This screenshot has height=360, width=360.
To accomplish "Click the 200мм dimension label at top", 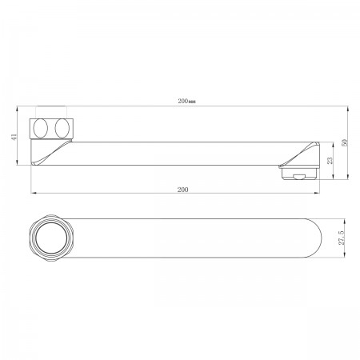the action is (x=186, y=102).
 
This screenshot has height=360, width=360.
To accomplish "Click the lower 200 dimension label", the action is (x=182, y=190).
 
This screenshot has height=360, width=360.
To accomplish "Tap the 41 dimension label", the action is (x=14, y=137).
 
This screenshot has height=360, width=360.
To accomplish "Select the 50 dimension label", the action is (x=345, y=142).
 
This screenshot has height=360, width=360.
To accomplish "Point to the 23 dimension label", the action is (x=330, y=161).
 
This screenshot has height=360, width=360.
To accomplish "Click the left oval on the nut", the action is (x=41, y=128).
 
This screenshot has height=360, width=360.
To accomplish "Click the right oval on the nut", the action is (x=62, y=128).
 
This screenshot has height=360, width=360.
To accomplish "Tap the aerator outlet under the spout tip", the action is (x=299, y=173).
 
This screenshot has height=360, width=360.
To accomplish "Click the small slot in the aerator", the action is (x=299, y=177).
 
